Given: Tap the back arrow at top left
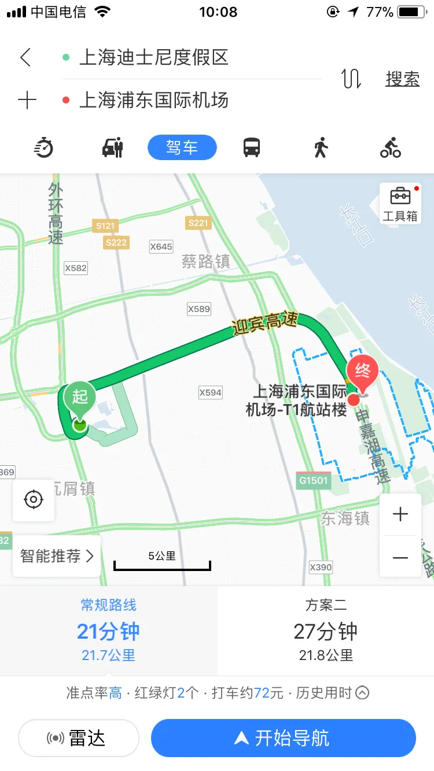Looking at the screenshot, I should [25, 58].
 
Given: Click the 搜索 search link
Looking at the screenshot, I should [402, 79].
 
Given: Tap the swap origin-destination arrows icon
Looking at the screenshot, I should [351, 79].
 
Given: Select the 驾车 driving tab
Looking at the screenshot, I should [182, 147].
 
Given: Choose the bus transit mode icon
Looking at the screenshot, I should [252, 148].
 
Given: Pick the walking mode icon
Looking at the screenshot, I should [321, 148].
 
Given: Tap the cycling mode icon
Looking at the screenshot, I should [391, 148].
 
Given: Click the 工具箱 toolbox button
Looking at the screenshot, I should [400, 203].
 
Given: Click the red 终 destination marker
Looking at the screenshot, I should [362, 373].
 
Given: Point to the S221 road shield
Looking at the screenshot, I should [198, 223].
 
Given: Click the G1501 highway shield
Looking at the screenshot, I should [314, 480].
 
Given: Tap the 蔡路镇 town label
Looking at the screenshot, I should [206, 262].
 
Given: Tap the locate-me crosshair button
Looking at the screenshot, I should [34, 499].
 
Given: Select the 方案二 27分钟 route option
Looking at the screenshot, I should [326, 631].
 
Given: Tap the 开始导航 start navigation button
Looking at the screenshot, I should [283, 738].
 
